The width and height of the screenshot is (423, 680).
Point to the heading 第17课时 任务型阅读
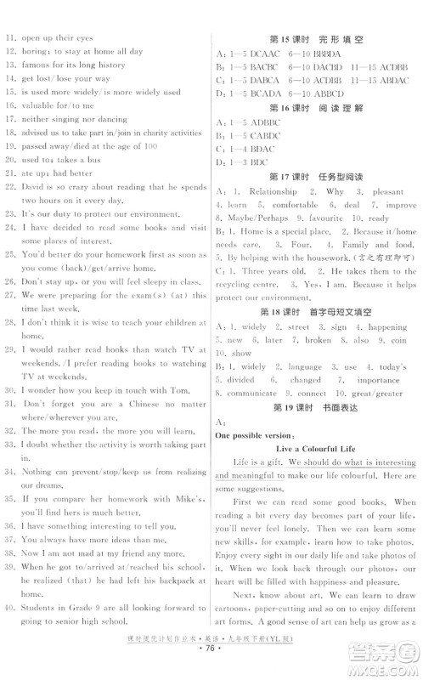click(315, 176)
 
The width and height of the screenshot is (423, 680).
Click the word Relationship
click(273, 191)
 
